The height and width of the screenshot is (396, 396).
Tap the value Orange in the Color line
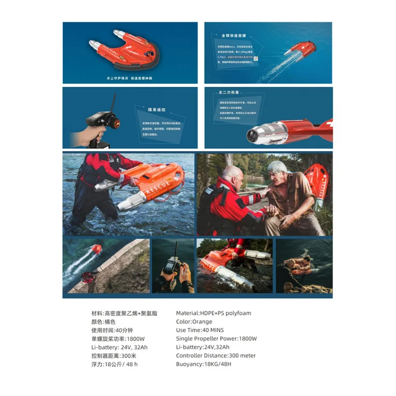[202, 322]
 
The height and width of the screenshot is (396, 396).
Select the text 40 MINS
[213, 330]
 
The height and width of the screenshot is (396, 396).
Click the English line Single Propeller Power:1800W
[216, 339]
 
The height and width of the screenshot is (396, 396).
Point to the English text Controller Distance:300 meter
[216, 355]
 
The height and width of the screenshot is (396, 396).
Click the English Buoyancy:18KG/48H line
[203, 364]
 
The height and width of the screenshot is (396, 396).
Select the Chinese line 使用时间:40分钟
[113, 330]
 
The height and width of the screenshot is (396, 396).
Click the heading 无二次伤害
[229, 92]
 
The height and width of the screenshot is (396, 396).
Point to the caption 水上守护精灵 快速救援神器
[130, 78]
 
